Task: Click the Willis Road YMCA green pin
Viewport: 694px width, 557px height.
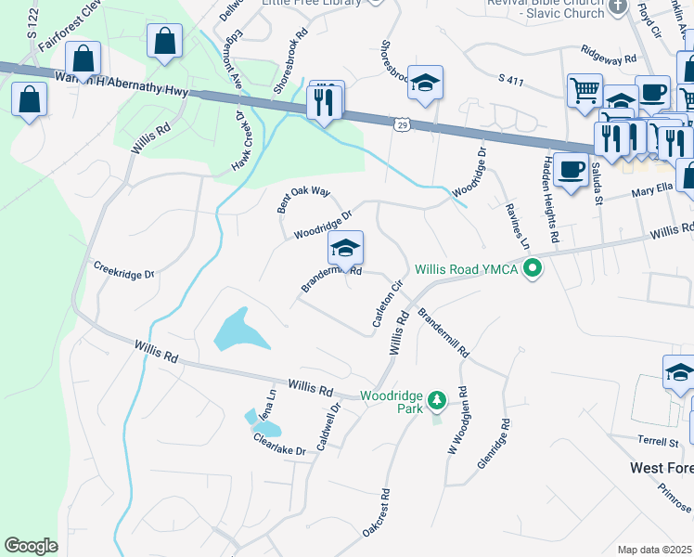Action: coord(533,270)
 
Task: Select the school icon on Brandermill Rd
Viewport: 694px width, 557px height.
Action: coord(345,248)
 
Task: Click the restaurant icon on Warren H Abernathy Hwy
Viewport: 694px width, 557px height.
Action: coord(324,101)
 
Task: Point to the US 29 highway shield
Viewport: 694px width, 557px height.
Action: coord(401,123)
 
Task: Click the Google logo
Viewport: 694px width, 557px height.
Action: coord(32,546)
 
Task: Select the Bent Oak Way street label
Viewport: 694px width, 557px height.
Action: coord(303,199)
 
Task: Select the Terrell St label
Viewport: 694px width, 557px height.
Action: coord(659,440)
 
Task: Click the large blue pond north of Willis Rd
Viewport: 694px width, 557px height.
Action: coord(238,330)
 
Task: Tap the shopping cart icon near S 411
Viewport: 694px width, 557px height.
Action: coord(585,90)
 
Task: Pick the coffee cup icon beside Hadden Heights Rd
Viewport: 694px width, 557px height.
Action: coord(572,169)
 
